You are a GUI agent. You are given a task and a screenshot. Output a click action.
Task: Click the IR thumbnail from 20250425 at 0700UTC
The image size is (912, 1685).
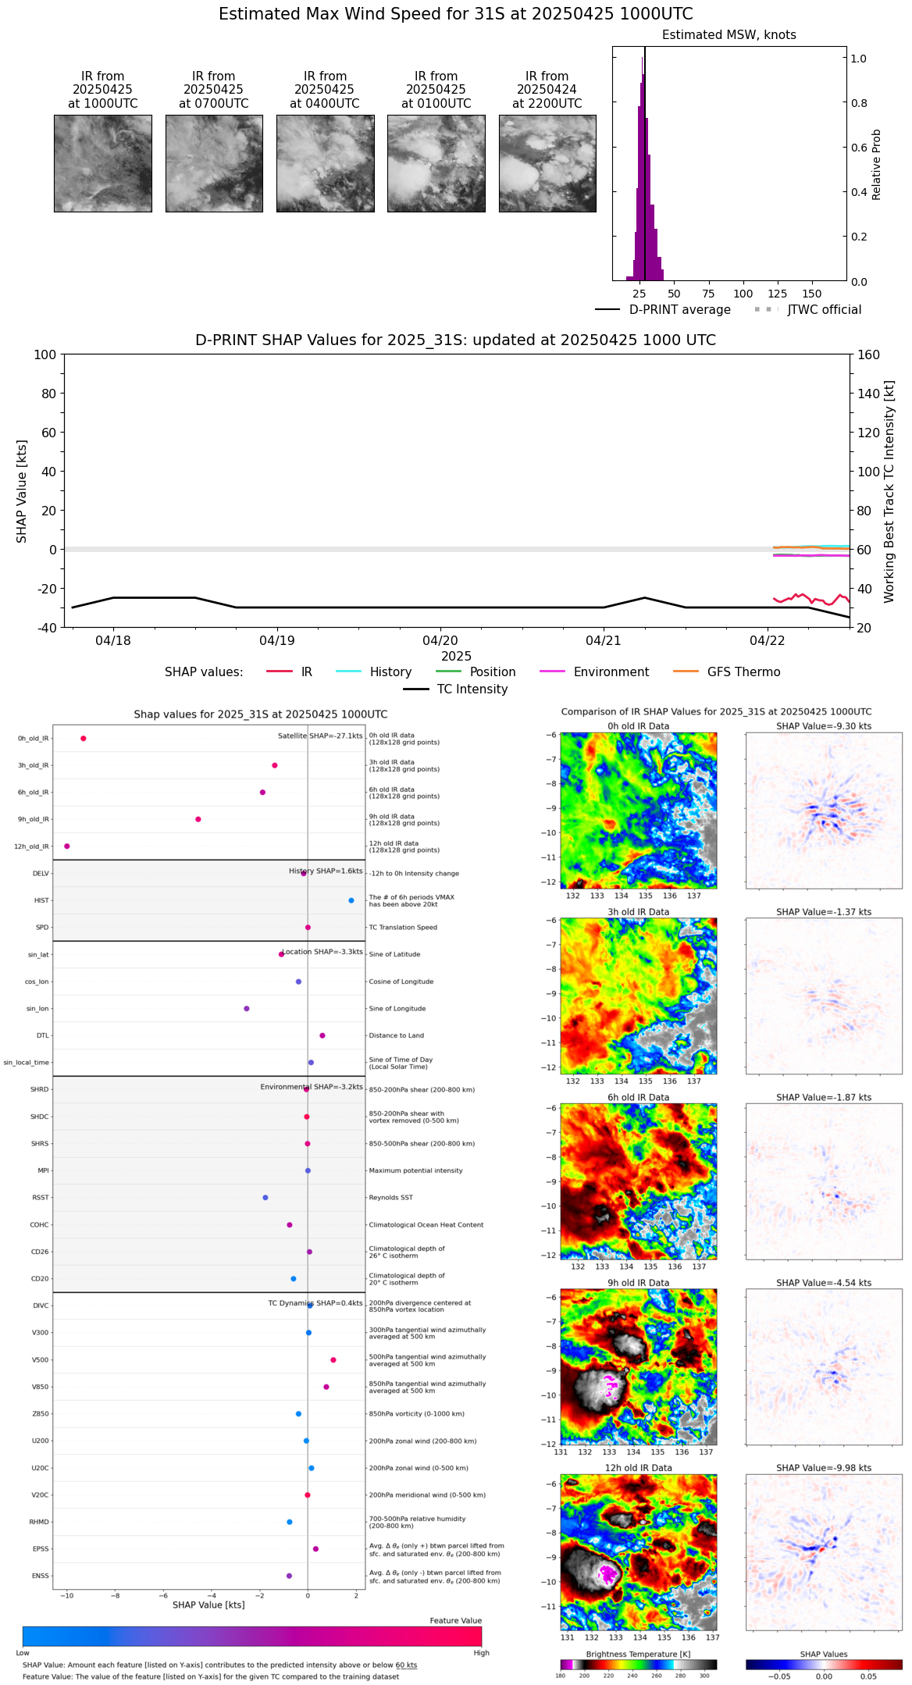[214, 163]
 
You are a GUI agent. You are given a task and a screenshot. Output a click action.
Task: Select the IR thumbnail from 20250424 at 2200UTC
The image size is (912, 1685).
[547, 163]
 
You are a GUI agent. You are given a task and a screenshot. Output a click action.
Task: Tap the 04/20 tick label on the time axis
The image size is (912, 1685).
[440, 641]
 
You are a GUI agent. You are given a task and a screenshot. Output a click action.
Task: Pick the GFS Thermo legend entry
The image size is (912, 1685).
[743, 672]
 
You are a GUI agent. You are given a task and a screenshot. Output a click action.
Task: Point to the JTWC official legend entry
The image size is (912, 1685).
[824, 310]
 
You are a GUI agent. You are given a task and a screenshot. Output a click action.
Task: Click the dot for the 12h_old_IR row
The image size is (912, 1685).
[67, 846]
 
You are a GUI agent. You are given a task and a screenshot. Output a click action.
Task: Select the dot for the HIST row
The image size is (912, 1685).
[351, 900]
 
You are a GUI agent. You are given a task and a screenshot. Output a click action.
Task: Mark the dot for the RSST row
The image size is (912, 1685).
[265, 1198]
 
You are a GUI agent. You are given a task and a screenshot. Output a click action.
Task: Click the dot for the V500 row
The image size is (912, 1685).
[333, 1360]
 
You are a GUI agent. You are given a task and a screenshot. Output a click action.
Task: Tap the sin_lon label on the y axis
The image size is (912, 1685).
[37, 1009]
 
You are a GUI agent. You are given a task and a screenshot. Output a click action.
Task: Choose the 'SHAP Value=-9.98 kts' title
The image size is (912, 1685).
[824, 1468]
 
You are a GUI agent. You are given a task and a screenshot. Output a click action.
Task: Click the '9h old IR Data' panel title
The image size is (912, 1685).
[638, 1283]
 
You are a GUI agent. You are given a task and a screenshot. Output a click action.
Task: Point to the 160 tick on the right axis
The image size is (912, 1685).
[868, 355]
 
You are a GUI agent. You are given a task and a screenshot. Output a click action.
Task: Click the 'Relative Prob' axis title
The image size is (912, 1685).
[877, 165]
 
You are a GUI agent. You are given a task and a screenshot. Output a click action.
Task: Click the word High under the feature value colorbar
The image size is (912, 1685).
[481, 1653]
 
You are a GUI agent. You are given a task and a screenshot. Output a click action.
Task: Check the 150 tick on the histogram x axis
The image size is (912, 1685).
[812, 294]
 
